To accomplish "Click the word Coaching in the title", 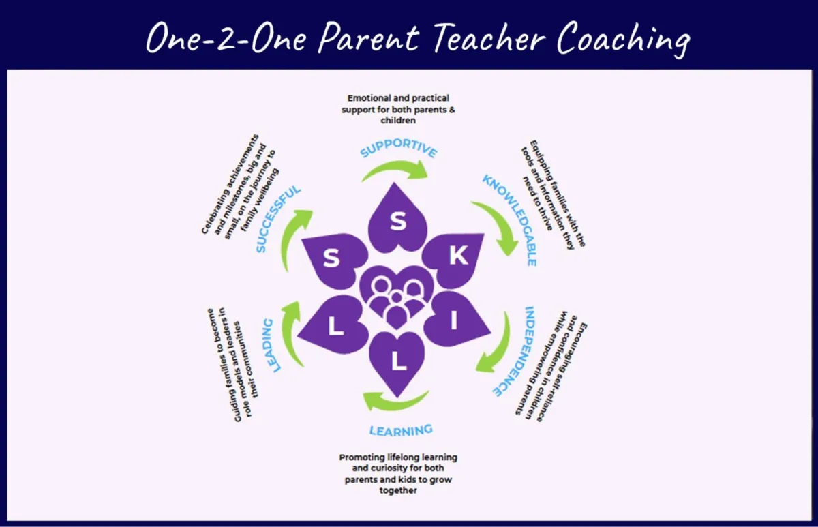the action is pos(623,40).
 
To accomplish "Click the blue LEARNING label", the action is pos(401,430).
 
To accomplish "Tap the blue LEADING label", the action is pos(272,345).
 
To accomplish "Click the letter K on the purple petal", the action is pos(458,254).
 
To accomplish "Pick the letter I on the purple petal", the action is pos(454,320).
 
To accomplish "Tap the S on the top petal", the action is pos(398,222).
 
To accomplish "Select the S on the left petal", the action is pos(331,258).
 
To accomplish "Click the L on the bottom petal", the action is pos(398,362).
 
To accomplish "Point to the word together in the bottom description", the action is pos(398,490).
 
